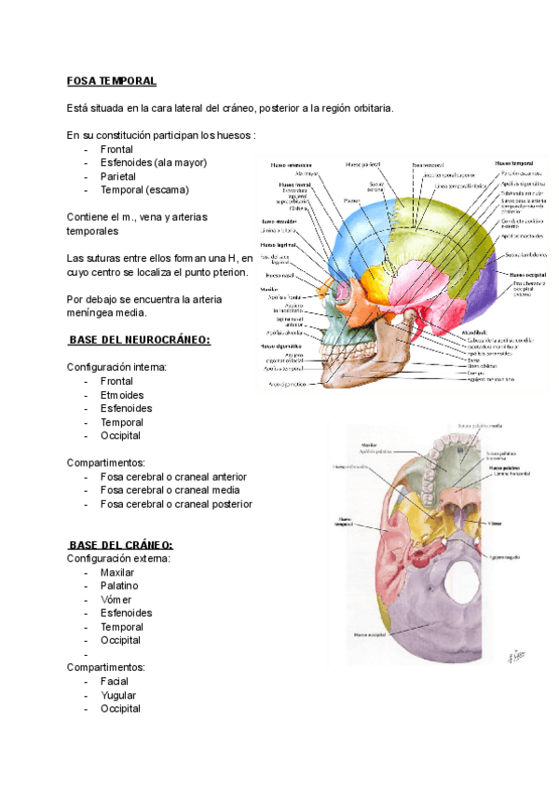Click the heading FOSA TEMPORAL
point(112,81)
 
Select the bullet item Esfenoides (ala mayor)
point(154,162)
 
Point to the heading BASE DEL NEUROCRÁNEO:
point(140,340)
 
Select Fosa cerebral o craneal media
point(170,490)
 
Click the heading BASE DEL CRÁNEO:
point(120,545)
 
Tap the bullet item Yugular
point(118,695)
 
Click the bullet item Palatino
point(119,586)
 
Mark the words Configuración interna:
point(116,367)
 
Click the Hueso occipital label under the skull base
point(372,633)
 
